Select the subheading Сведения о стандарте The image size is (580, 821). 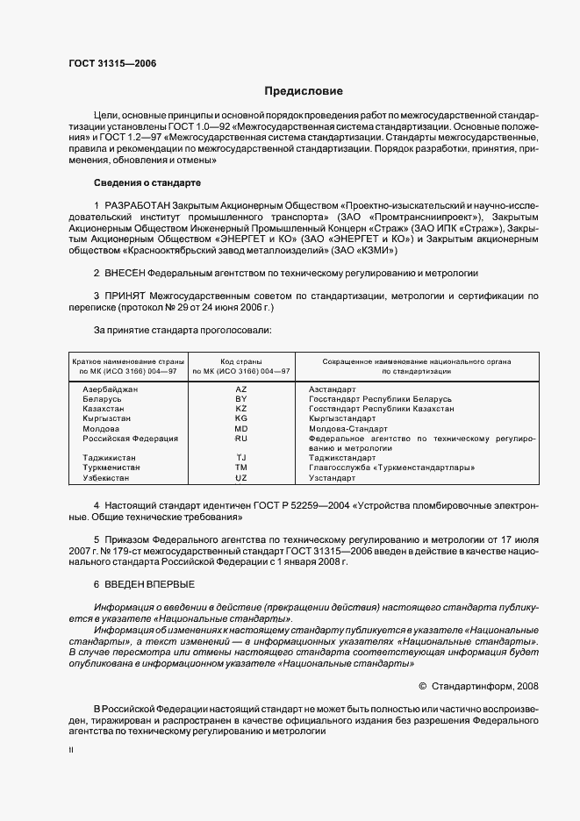tap(147, 182)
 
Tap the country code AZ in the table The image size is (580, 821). tap(241, 389)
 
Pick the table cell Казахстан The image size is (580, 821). tap(104, 409)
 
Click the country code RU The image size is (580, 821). tap(241, 438)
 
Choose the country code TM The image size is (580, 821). tap(241, 468)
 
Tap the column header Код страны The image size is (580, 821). tap(241, 361)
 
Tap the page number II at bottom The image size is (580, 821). tap(71, 751)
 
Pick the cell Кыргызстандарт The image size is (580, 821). tap(343, 418)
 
